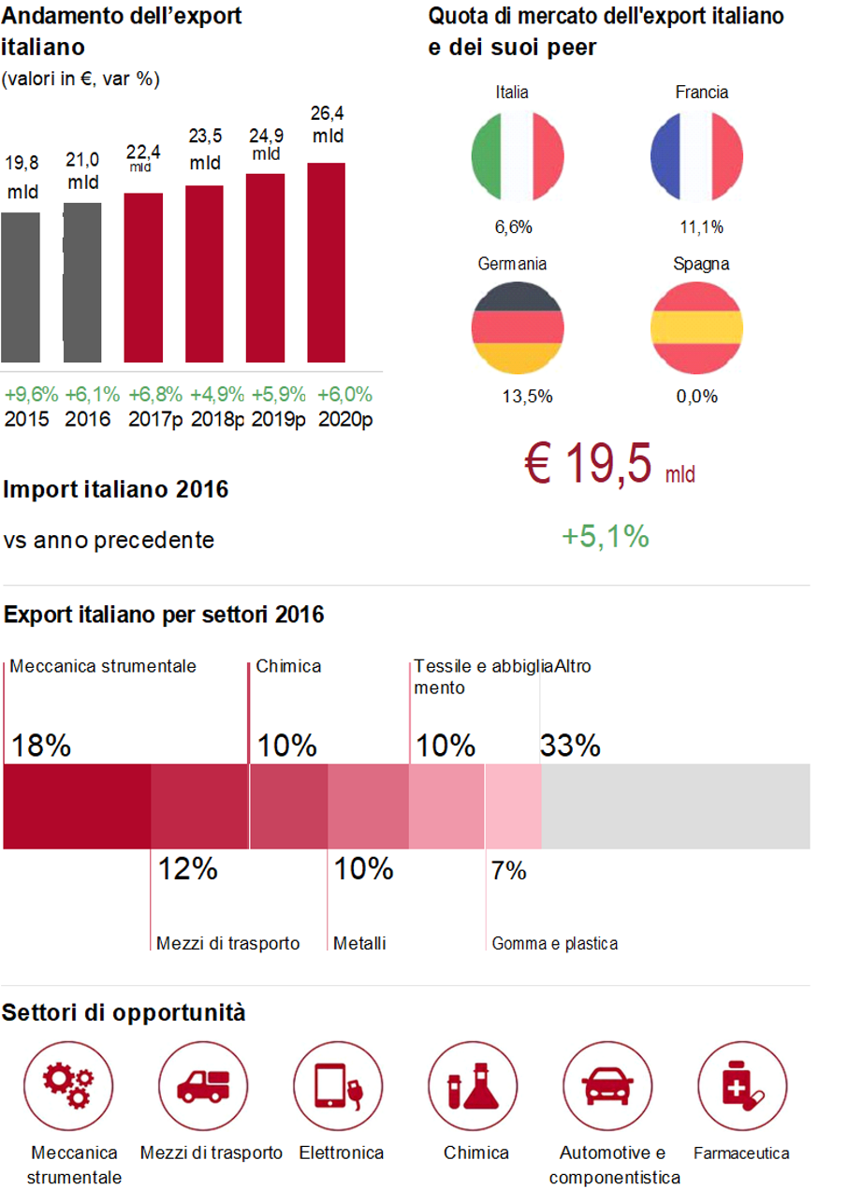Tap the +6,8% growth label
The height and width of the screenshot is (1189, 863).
tap(155, 394)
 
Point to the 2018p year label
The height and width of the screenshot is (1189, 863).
tap(217, 418)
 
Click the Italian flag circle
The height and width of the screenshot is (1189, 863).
tap(518, 155)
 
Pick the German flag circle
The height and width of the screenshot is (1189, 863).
tap(518, 327)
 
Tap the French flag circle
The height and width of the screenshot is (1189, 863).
tap(696, 155)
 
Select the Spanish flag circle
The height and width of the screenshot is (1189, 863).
tap(696, 327)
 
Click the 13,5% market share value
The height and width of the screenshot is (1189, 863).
tap(527, 397)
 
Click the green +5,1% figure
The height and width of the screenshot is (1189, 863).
tap(605, 537)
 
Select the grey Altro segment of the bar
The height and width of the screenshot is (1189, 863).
tap(675, 806)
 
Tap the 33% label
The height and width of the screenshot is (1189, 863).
tap(570, 746)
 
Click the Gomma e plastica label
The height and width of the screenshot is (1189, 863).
tap(554, 944)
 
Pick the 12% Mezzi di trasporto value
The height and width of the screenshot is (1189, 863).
tap(187, 869)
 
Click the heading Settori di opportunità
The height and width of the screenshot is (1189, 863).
tap(124, 1012)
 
